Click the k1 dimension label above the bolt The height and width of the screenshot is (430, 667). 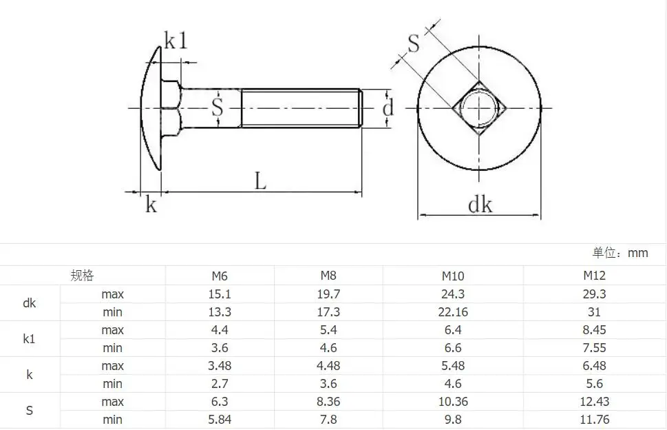click(176, 41)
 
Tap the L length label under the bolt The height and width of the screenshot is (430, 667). click(260, 181)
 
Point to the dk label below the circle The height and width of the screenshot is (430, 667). click(480, 205)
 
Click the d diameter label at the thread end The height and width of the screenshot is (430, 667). click(388, 108)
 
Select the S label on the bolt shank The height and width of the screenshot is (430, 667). click(218, 107)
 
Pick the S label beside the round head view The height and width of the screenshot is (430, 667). click(413, 43)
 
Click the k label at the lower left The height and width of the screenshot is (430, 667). click(151, 204)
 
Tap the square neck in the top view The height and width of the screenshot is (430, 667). click(479, 108)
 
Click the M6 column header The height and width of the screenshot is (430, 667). click(220, 276)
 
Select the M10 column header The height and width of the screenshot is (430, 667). click(453, 276)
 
